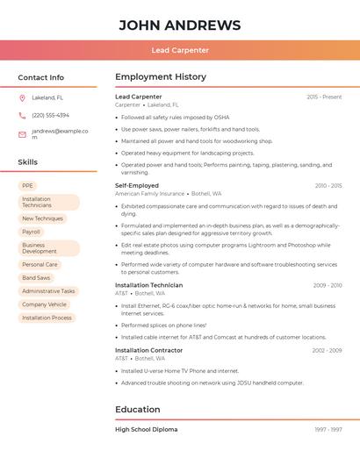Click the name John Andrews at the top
180,25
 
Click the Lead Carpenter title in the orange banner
180,51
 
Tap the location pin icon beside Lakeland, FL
22,97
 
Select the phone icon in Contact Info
22,116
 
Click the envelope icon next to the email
22,134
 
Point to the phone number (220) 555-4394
50,116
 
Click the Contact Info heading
40,77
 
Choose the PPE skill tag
27,186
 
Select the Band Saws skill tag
36,278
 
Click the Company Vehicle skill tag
44,304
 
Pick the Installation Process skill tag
47,318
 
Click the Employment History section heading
161,77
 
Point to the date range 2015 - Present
324,97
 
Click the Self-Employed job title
137,186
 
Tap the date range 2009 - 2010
328,285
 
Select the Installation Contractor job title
148,350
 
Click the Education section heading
137,410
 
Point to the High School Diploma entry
146,430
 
